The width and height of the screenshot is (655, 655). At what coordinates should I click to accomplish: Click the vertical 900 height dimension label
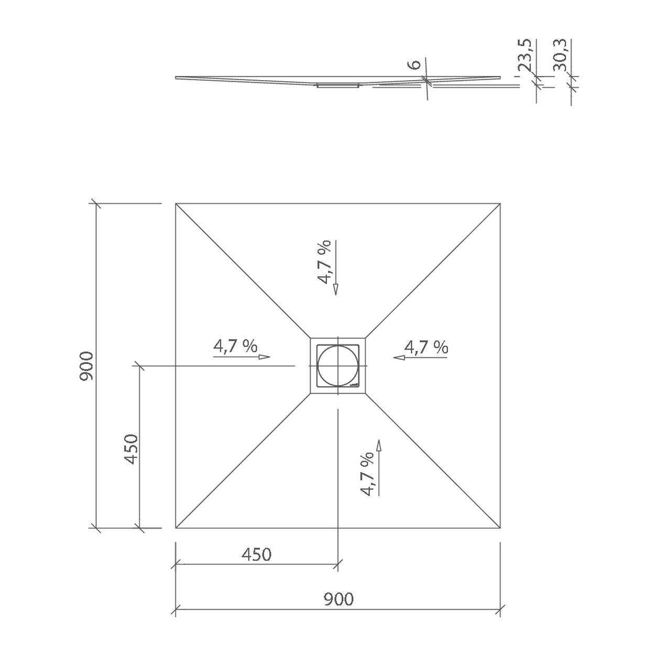(x=86, y=366)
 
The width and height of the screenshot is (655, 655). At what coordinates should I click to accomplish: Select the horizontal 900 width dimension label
(x=338, y=599)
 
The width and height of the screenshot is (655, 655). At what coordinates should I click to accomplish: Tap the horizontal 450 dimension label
(x=256, y=555)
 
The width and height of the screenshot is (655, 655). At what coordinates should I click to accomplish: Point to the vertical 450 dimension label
(x=131, y=449)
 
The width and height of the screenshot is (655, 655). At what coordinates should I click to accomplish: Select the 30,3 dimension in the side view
(x=560, y=54)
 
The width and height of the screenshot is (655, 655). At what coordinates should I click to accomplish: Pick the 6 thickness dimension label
(x=416, y=64)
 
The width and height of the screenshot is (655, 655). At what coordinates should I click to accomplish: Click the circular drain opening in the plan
(x=337, y=366)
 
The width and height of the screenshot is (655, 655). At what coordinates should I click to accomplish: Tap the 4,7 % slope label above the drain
(x=324, y=261)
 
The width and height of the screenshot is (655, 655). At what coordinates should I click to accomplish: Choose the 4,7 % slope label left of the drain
(x=235, y=346)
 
